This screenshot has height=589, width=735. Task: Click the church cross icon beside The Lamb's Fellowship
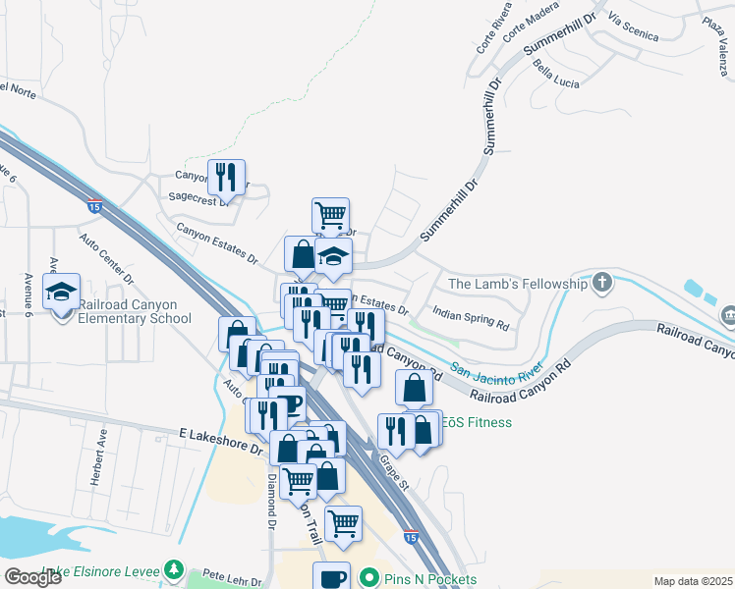tap(602, 285)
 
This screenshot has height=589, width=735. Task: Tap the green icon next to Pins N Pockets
tap(368, 579)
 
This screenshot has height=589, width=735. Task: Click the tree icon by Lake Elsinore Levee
tap(174, 569)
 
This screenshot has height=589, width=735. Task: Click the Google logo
tap(32, 577)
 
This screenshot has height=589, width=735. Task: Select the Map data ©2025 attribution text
tap(693, 581)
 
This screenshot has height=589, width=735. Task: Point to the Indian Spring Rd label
tap(472, 320)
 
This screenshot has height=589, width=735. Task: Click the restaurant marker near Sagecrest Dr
tap(227, 178)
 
